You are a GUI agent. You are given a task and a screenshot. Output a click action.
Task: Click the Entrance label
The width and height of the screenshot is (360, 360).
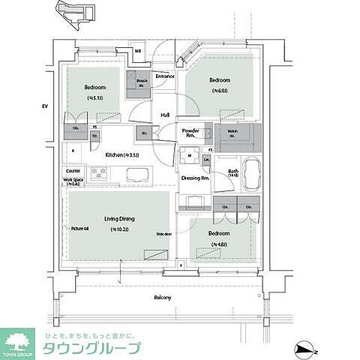(x=165, y=76)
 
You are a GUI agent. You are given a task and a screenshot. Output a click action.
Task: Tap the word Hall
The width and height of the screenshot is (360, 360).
(x=165, y=115)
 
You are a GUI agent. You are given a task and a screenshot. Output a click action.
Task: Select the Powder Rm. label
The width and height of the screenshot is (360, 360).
(x=190, y=133)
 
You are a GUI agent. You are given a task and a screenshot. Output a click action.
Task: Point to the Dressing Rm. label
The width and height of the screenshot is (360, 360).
(x=195, y=178)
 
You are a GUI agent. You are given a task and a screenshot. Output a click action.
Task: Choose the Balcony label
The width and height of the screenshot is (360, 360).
(x=163, y=298)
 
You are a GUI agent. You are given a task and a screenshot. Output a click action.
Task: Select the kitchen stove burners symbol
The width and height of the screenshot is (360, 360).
(x=100, y=175)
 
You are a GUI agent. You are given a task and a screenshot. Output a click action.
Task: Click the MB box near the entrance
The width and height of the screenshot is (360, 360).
(x=138, y=52)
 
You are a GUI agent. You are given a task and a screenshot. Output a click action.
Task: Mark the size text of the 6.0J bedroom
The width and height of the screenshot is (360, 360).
(x=219, y=91)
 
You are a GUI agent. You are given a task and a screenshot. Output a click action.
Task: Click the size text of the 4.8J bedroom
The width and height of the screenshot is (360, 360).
(x=218, y=244)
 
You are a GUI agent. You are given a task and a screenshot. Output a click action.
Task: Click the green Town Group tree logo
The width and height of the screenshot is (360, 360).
(x=17, y=341)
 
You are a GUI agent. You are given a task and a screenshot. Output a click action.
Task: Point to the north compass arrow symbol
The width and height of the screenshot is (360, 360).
(x=305, y=346)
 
